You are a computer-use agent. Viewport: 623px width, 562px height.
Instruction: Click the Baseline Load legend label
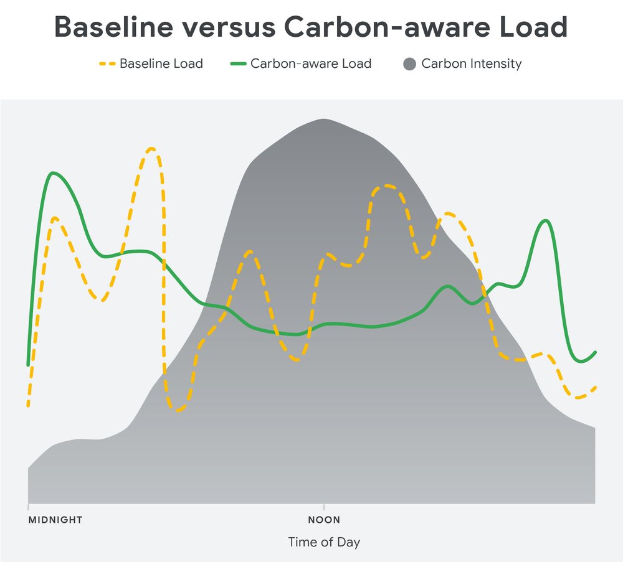point(161,63)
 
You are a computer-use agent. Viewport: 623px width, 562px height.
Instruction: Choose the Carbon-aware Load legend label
point(310,63)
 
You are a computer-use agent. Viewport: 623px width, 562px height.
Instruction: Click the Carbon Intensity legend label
point(471,63)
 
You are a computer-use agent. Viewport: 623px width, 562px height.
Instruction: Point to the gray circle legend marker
point(409,63)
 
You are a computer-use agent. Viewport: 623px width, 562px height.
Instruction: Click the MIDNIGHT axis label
point(55,520)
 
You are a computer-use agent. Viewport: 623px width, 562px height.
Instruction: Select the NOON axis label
point(324,520)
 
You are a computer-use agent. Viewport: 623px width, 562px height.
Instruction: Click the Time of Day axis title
point(324,542)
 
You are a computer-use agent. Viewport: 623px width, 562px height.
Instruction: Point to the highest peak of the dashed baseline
point(151,149)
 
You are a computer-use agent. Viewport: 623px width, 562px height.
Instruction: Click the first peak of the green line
point(54,173)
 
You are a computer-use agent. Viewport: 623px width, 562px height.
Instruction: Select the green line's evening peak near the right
point(546,220)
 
